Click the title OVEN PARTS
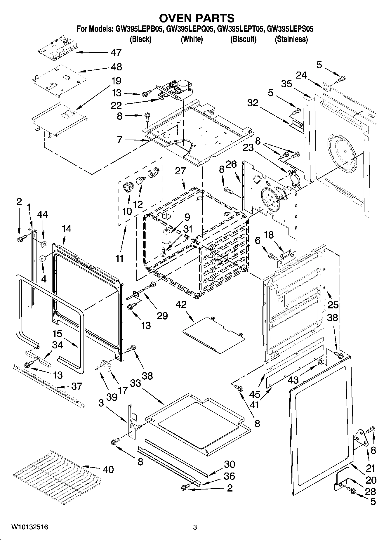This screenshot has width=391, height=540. click(x=196, y=18)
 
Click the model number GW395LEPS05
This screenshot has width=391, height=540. click(x=290, y=29)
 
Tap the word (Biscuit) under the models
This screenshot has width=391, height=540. click(x=243, y=39)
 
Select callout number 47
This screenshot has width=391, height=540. click(x=116, y=53)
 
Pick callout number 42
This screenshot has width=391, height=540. click(x=181, y=304)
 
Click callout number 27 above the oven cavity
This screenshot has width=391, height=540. click(x=180, y=171)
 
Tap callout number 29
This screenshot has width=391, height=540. click(x=162, y=315)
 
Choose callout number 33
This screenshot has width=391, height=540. click(x=135, y=383)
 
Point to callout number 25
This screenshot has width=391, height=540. click(x=333, y=305)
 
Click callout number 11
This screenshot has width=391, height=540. click(x=119, y=258)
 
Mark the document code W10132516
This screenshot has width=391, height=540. click(x=29, y=527)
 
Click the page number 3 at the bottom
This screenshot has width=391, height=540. click(x=195, y=527)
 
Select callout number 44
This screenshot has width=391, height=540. click(x=43, y=215)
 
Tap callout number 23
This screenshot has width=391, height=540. click(x=248, y=147)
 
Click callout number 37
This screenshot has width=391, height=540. click(x=77, y=386)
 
